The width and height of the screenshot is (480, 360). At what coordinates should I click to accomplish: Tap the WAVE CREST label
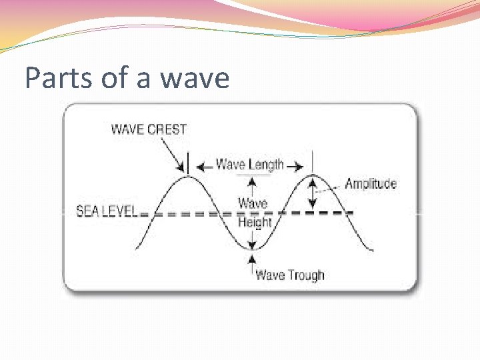coord(149,129)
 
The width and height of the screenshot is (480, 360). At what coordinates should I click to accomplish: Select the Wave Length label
coord(250,165)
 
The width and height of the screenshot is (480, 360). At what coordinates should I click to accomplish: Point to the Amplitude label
coord(371,184)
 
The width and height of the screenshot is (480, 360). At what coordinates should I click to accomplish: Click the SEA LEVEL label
coord(107,211)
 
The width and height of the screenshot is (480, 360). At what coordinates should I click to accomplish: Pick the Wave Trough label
coord(290,275)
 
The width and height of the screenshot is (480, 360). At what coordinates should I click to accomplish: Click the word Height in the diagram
coord(255,222)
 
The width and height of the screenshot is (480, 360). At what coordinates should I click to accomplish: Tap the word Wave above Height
coord(253,203)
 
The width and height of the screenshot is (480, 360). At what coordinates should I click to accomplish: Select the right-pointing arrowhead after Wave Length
coord(296,165)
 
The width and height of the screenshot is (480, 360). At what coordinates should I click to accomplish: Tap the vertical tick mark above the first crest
coord(188,163)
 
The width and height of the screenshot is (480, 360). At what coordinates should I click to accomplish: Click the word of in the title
coord(115,79)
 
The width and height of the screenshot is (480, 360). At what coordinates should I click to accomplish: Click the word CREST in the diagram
coord(167,129)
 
